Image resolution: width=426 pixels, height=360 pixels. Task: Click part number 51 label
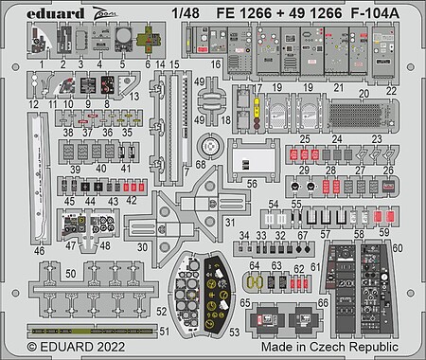166,331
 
